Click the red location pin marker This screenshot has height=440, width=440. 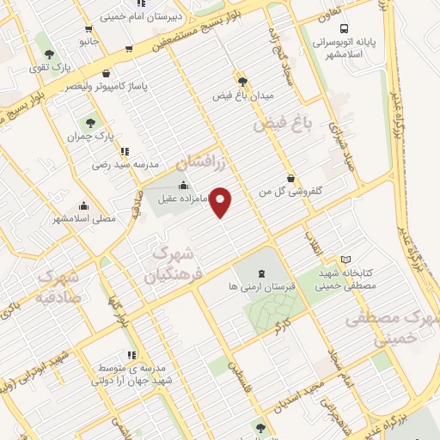tap(222, 202)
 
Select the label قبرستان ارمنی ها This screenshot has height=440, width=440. tap(261, 284)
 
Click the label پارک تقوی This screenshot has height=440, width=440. tap(49, 66)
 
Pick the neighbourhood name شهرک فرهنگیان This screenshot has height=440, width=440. tap(169, 265)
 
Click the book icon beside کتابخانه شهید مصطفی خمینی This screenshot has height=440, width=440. tap(346, 260)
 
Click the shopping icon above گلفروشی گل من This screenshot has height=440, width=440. tap(291, 179)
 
